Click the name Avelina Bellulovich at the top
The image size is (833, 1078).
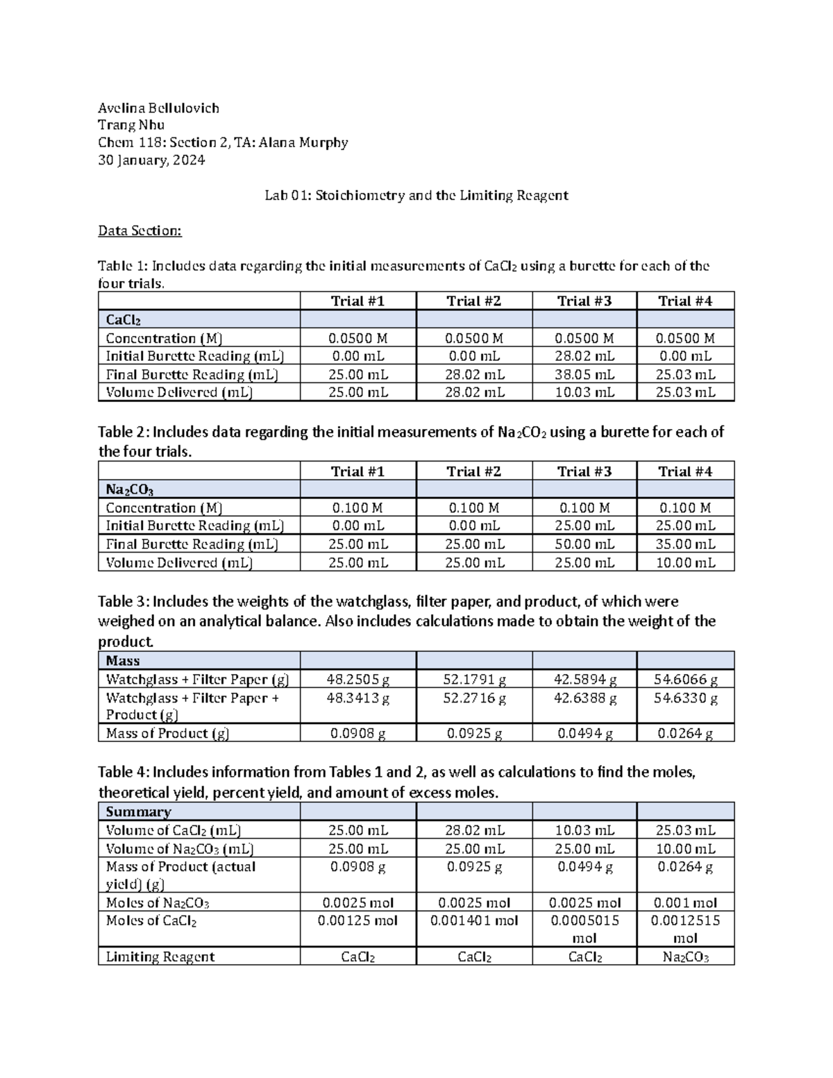158,108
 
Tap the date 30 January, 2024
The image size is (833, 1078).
151,160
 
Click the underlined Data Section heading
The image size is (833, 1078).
140,230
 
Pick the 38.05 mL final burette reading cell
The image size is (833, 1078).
584,374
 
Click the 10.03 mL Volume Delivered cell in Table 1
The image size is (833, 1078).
584,392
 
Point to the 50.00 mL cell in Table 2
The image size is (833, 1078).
584,544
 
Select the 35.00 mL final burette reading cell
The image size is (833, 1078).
685,544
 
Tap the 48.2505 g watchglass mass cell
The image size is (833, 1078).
357,679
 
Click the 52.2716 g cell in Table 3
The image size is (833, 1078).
474,698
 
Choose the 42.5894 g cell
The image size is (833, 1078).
584,679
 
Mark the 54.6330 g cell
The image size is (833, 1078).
685,698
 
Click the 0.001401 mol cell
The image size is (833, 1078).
474,921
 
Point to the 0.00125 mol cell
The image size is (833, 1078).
357,921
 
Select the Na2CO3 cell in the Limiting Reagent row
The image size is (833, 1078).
685,957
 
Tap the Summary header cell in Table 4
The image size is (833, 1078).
138,811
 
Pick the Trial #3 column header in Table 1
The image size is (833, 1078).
584,301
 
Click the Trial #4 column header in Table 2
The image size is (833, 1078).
685,471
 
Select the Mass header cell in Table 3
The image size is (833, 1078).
123,661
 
